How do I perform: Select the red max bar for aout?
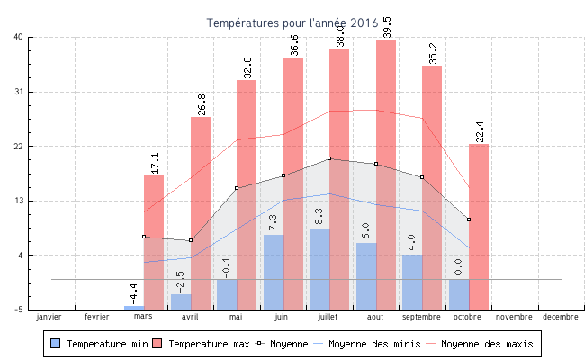tap(386, 171)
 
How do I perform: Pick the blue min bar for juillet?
tap(319, 268)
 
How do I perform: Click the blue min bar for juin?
tap(274, 271)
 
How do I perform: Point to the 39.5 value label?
tap(388, 27)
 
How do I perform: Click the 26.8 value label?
tap(202, 104)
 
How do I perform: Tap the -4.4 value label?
tap(133, 292)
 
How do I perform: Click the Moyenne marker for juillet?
tap(329, 158)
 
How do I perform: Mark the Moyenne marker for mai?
tap(237, 188)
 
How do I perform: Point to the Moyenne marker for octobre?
tap(469, 220)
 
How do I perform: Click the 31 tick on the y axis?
tap(18, 92)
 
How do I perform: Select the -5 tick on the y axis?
tap(18, 310)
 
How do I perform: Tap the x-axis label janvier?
tap(49, 317)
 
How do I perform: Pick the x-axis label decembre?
tap(560, 317)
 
